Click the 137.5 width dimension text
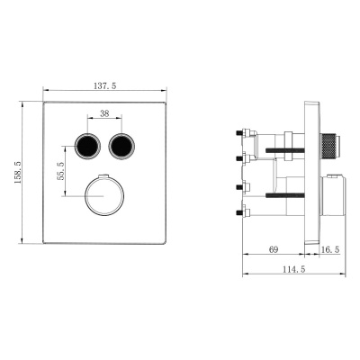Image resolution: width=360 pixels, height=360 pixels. coord(106,85)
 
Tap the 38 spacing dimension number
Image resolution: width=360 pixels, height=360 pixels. coord(104,113)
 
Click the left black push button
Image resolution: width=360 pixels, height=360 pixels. coord(87,144)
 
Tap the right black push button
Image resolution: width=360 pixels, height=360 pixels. coord(121,144)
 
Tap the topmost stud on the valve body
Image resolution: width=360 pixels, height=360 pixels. coord(243,135)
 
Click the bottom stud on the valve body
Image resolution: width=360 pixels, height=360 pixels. coord(243,213)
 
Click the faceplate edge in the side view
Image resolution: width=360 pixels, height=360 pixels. coord(312,171)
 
